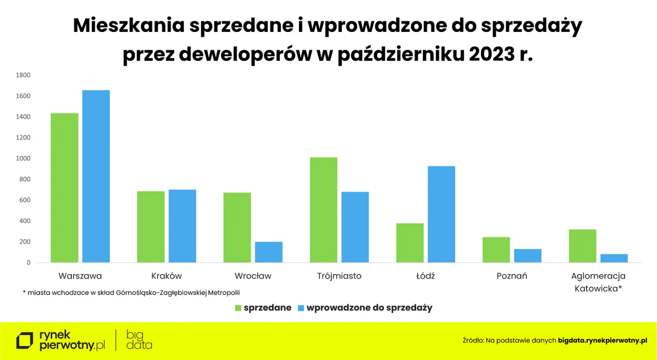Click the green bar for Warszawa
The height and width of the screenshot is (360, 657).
(65, 188)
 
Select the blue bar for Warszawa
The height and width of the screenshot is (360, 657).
(96, 176)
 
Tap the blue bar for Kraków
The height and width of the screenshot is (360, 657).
(183, 226)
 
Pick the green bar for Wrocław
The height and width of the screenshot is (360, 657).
(237, 227)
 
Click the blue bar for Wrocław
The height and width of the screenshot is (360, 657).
(269, 252)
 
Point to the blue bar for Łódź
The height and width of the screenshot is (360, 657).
(442, 214)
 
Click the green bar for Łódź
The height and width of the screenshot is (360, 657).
(410, 243)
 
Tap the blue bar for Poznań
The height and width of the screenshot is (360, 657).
(528, 256)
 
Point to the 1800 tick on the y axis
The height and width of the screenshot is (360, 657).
(23, 75)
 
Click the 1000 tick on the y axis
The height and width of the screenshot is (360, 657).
(23, 159)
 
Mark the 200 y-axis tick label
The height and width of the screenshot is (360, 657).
(25, 242)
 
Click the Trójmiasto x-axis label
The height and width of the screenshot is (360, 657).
(339, 276)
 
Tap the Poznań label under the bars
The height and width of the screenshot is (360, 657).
(512, 276)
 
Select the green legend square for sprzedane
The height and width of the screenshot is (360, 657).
(238, 308)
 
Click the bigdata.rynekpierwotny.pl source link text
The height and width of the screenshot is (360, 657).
(603, 340)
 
